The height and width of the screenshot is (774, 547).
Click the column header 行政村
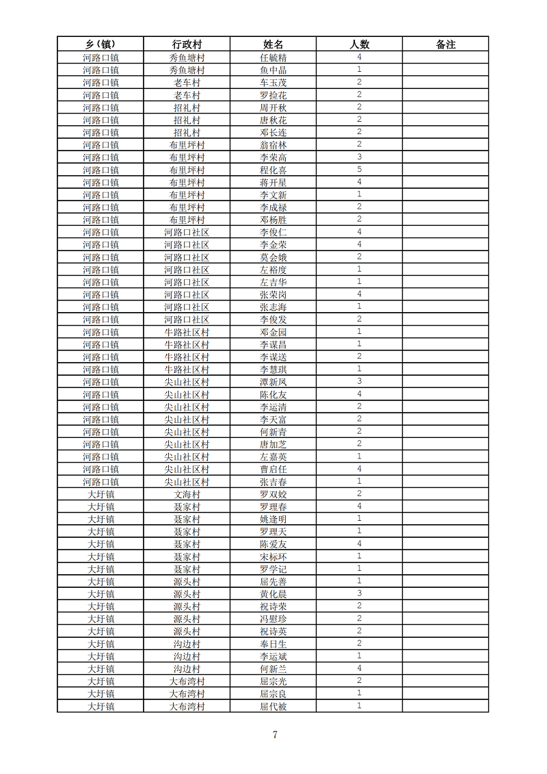(x=187, y=44)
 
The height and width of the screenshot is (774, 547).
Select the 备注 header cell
(x=445, y=44)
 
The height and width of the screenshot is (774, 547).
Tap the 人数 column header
(x=359, y=44)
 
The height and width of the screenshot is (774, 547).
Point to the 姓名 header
(x=273, y=44)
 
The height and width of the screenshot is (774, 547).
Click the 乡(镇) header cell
(x=101, y=44)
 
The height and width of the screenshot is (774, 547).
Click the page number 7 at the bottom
(x=275, y=735)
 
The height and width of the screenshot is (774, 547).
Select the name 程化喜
(x=273, y=170)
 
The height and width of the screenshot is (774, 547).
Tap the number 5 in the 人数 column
(x=359, y=170)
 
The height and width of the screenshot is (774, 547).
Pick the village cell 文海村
(x=187, y=494)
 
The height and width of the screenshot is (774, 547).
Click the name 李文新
(x=273, y=195)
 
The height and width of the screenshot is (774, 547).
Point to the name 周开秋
(x=273, y=107)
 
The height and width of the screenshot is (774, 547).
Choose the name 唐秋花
(x=273, y=120)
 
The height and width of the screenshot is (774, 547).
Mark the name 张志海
(x=273, y=307)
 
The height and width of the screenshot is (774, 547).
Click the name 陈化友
(x=273, y=395)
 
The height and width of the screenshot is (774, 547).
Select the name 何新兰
(x=273, y=669)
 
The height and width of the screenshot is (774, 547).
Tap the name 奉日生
(x=273, y=644)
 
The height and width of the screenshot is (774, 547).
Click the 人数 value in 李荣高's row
(x=359, y=157)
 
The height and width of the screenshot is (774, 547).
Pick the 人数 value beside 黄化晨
(x=359, y=594)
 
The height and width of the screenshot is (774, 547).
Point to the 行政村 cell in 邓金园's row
(x=187, y=332)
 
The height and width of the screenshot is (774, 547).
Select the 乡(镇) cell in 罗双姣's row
(x=101, y=494)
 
